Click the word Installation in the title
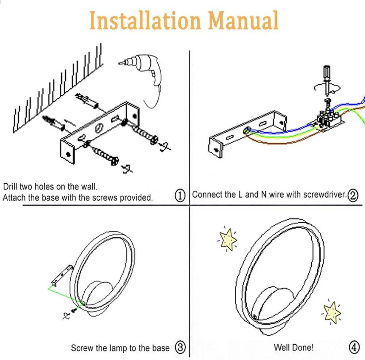click(x=145, y=21)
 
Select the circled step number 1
click(x=180, y=196)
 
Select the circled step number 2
click(x=353, y=195)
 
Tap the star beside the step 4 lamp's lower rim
click(x=332, y=311)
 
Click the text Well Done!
click(x=293, y=347)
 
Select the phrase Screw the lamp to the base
click(x=120, y=348)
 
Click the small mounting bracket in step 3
click(x=61, y=276)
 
